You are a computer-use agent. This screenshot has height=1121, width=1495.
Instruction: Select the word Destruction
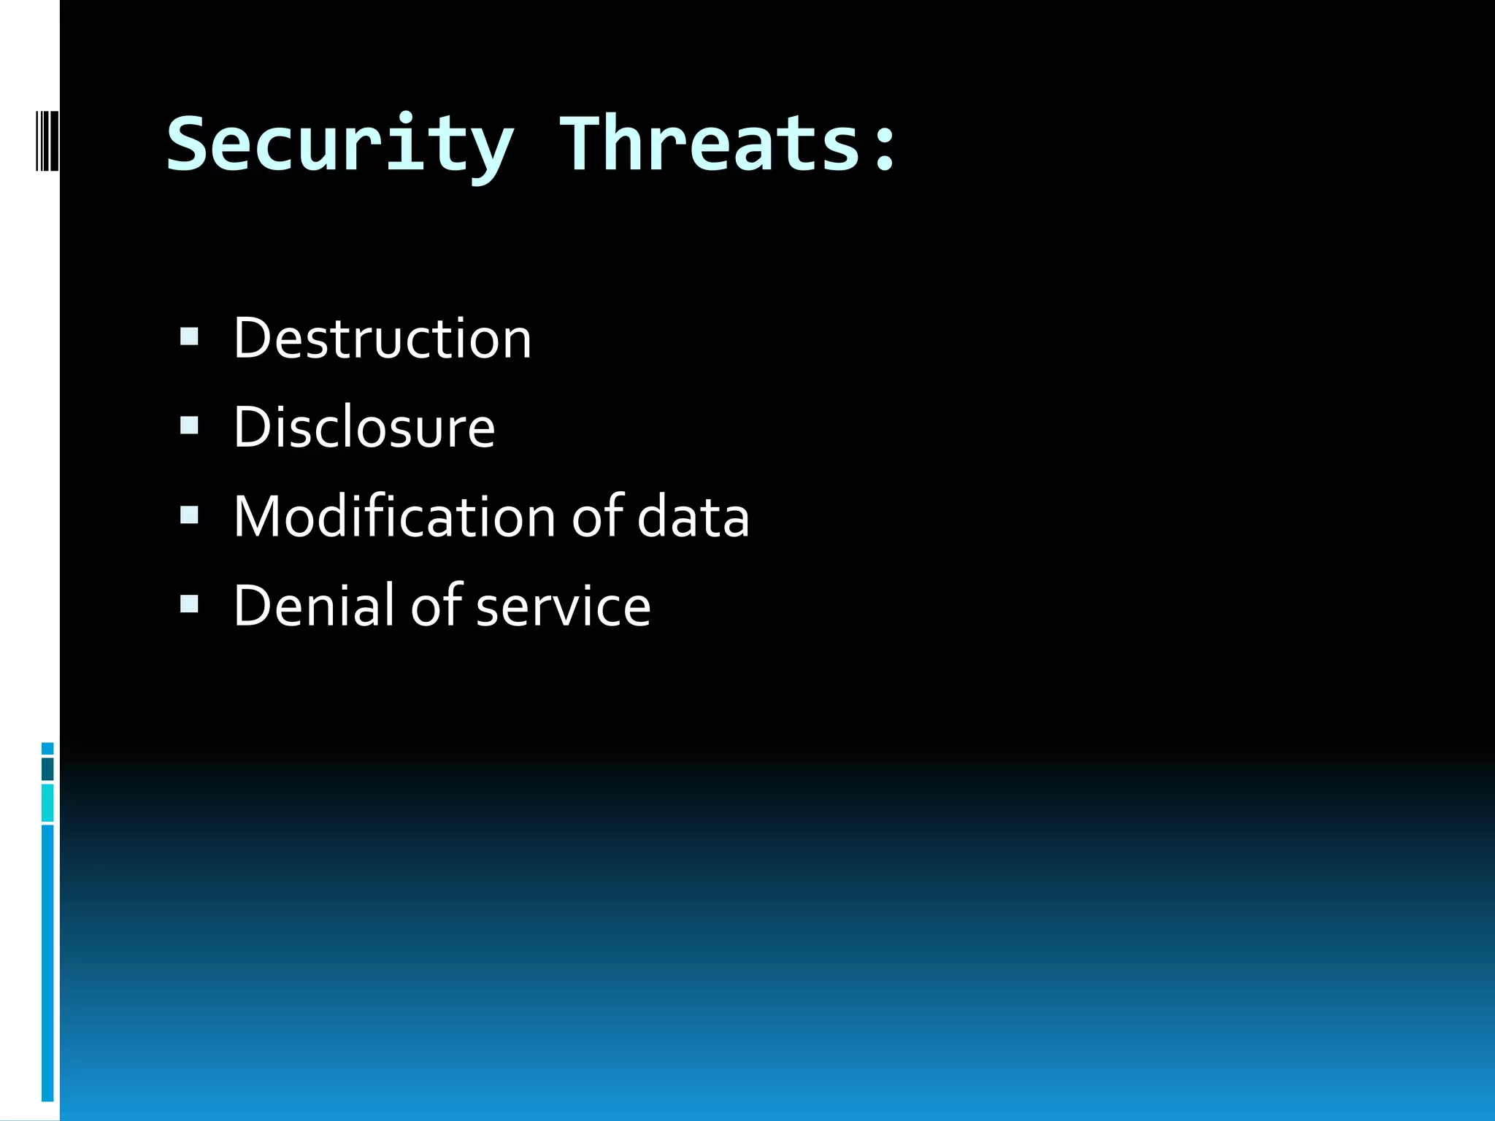(x=382, y=339)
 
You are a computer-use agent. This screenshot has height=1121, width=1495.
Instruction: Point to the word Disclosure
(x=364, y=428)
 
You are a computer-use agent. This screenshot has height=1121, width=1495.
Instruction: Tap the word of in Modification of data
(x=597, y=517)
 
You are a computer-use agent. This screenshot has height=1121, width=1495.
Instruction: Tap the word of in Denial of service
(x=436, y=606)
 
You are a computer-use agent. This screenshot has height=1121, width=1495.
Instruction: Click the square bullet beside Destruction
(x=189, y=336)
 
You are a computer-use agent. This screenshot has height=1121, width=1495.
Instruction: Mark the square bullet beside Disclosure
(x=189, y=425)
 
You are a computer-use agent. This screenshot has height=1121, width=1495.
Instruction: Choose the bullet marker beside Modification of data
(x=189, y=515)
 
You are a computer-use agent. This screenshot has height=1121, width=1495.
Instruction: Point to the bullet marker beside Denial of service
(x=189, y=604)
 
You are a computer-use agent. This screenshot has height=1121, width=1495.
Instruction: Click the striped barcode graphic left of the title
(x=47, y=140)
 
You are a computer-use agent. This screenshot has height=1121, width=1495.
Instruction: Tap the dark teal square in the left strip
(x=47, y=768)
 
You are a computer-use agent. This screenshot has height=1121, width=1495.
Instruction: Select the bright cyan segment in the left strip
(x=47, y=803)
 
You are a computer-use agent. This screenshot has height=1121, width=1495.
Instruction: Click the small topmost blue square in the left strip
(x=47, y=749)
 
